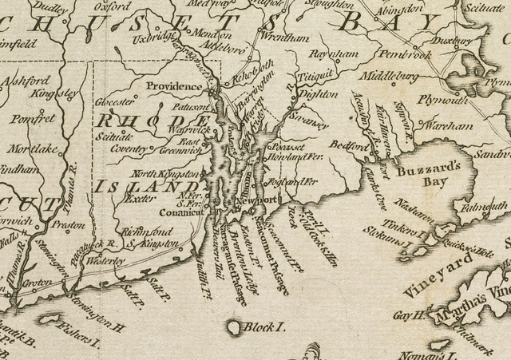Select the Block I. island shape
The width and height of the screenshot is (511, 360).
pyautogui.click(x=233, y=327)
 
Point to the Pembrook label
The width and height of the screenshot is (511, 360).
pyautogui.click(x=406, y=56)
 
